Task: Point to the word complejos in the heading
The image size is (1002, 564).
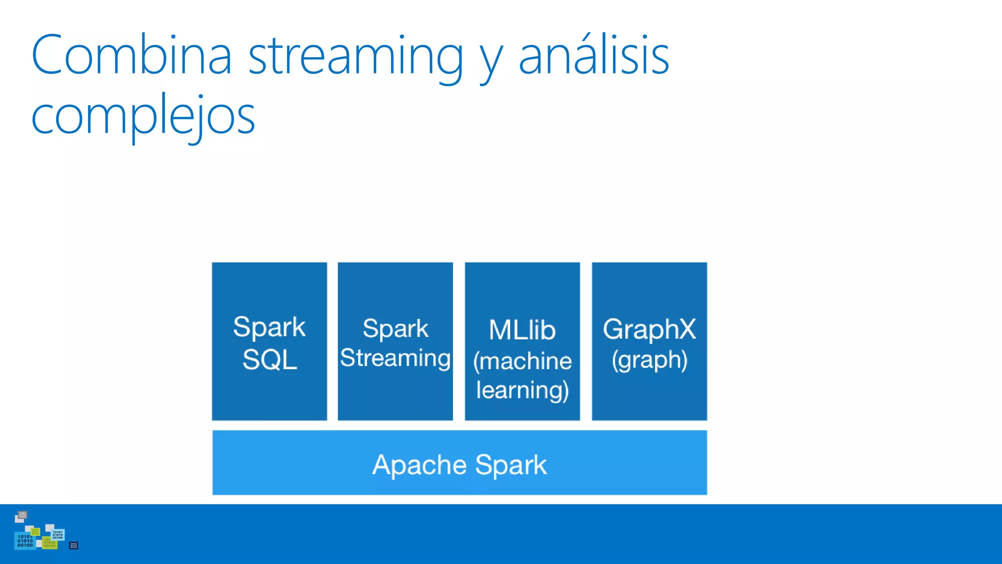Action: click(143, 117)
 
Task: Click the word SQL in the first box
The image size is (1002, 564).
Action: click(270, 360)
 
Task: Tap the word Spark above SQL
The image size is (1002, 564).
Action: click(269, 327)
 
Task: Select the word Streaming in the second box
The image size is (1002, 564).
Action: click(395, 358)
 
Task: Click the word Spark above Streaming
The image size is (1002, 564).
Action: click(395, 328)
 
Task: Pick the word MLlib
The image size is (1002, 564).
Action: click(522, 329)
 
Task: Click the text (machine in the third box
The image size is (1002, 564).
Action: click(522, 361)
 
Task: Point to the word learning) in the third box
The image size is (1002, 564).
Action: click(522, 390)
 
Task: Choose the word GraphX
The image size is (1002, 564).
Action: click(649, 329)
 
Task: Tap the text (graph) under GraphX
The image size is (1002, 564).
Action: click(649, 360)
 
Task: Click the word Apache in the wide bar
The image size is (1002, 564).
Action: click(419, 465)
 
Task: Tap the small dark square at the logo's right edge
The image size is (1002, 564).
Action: click(74, 545)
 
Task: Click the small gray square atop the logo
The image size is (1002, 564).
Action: click(22, 515)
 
